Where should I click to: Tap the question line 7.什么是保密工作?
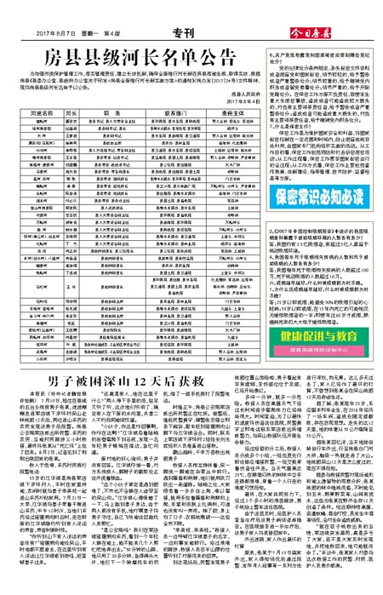tap(290, 142)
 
